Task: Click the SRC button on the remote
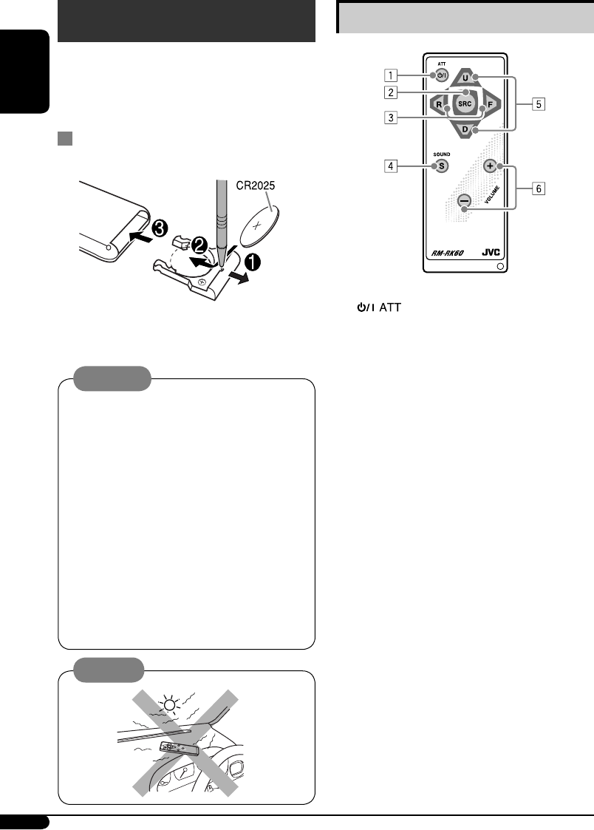pos(465,103)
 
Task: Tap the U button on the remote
pos(465,78)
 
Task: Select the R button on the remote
pos(439,104)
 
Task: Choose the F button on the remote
pos(491,104)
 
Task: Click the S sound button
pos(441,166)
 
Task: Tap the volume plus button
pos(491,166)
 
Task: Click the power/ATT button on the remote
pos(442,75)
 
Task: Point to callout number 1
pos(391,75)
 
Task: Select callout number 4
pos(391,166)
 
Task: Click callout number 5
pos(539,104)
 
